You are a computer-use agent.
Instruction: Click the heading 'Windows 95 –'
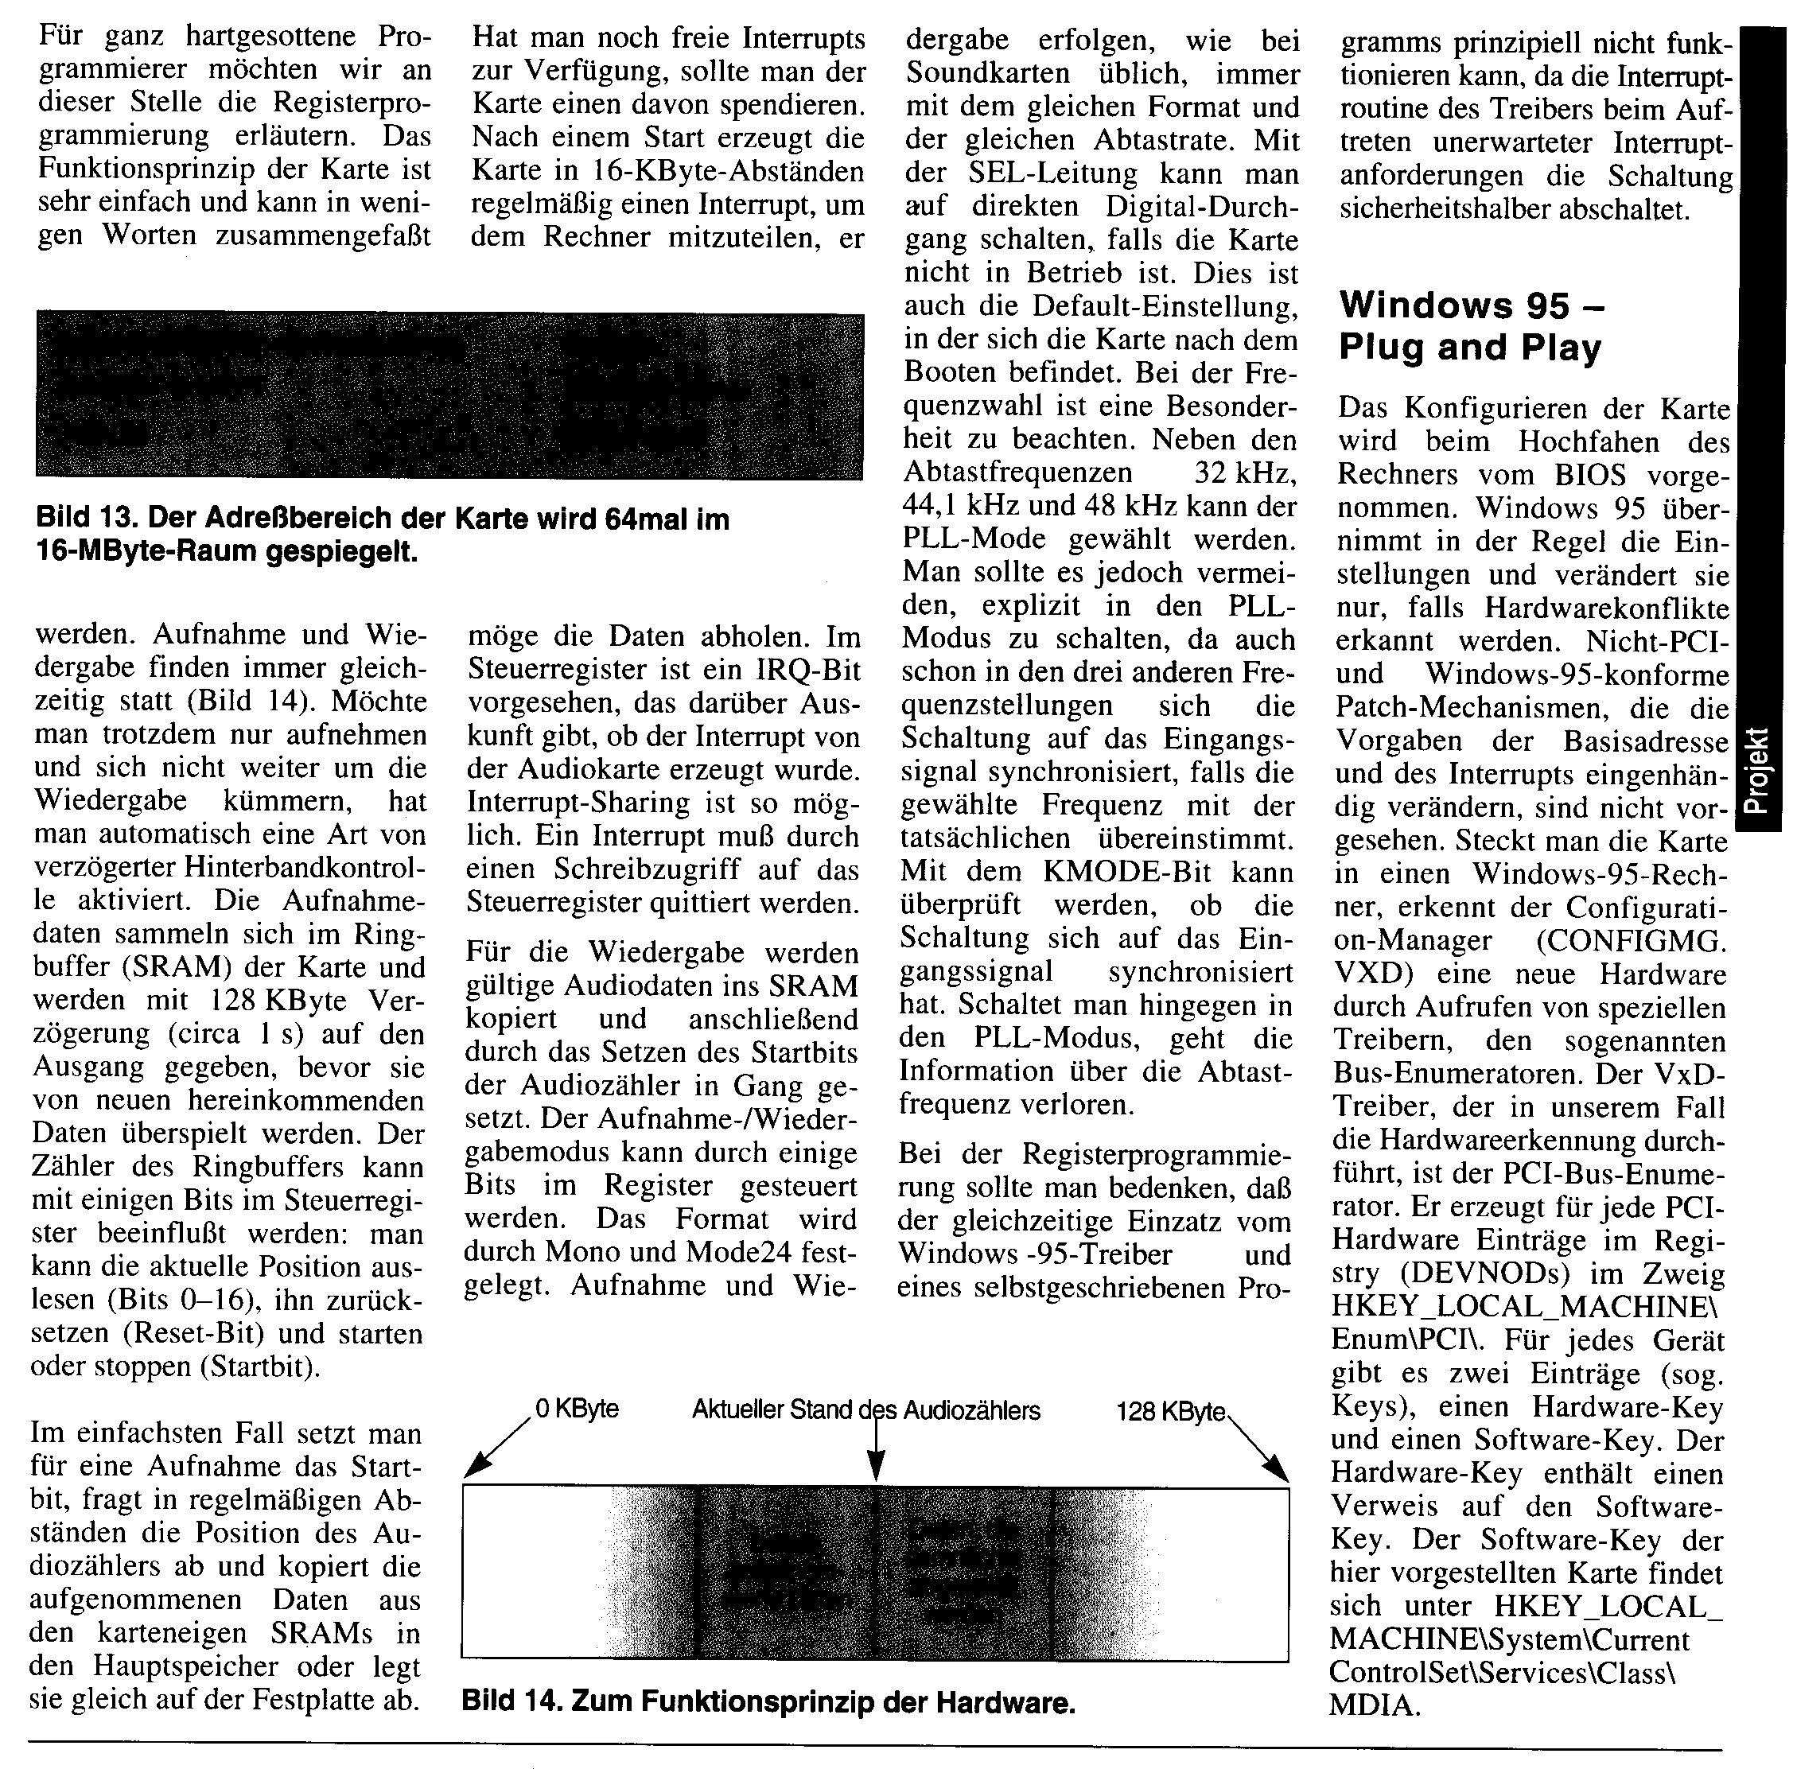pyautogui.click(x=1472, y=305)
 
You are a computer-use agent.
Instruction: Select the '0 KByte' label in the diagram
pyautogui.click(x=576, y=1409)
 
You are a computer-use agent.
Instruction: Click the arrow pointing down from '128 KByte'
pyautogui.click(x=1258, y=1447)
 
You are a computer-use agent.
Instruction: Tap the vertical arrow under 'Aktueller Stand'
pyautogui.click(x=875, y=1452)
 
